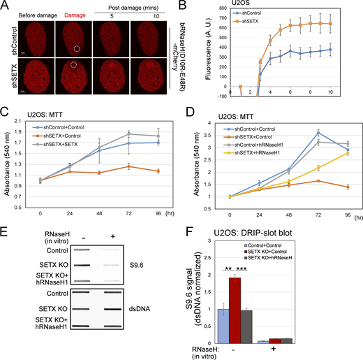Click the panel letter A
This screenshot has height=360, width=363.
(6, 6)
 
